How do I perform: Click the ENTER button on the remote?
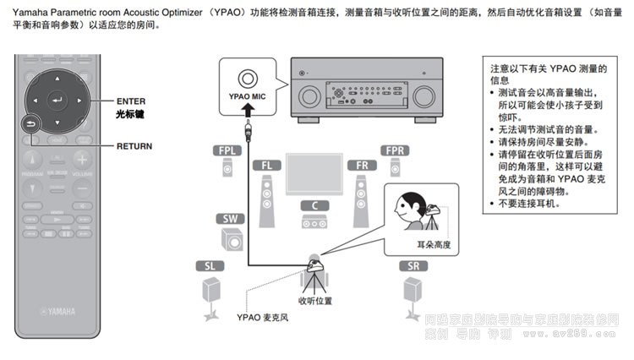pos(57,101)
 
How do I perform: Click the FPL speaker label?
pos(227,150)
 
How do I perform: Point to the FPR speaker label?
pos(395,150)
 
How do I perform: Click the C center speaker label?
pos(314,205)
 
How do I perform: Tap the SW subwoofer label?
pos(230,219)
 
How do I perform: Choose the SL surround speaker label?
pos(210,265)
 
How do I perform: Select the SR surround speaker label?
pos(413,265)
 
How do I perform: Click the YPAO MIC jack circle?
pos(247,79)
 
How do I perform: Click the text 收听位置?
pos(315,300)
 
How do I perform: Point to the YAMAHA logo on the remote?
pos(57,311)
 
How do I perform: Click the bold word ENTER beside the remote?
pos(131,101)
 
